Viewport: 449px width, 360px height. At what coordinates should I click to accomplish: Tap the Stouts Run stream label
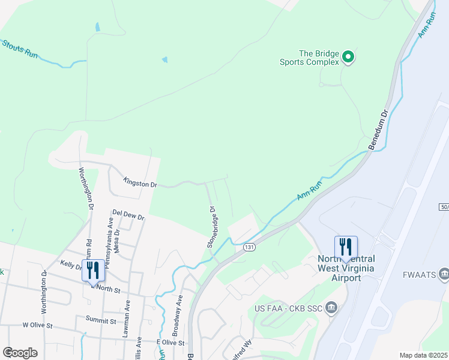19,49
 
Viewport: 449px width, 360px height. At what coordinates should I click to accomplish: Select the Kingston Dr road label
139,182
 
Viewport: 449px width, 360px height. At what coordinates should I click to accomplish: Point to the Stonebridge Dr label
211,227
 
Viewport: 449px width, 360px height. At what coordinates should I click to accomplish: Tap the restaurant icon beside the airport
346,247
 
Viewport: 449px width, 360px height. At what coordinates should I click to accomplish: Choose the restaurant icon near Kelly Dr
93,270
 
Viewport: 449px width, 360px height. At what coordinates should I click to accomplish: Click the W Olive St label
38,325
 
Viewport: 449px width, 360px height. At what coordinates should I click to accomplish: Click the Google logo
20,353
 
